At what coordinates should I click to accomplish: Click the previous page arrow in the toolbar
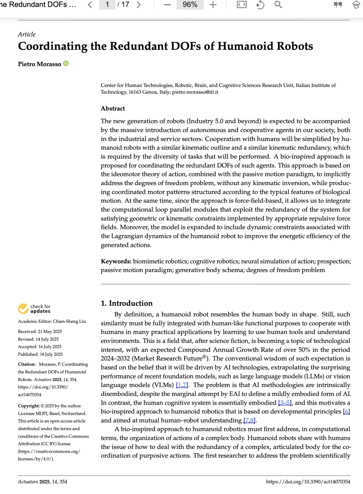(90, 5)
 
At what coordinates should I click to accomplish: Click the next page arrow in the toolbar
(139, 5)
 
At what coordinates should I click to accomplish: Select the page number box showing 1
(107, 5)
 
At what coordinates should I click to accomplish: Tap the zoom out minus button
(167, 5)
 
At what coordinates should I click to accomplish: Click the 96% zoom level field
(190, 5)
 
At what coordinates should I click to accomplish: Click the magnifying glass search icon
(278, 5)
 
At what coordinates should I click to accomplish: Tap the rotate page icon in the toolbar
(260, 5)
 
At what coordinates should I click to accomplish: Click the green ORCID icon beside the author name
(66, 63)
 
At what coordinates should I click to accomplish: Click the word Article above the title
(27, 34)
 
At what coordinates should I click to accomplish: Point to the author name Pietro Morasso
(40, 64)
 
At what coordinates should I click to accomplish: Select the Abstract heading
(113, 108)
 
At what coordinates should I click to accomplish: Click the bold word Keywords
(116, 261)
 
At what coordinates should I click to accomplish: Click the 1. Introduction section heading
(127, 303)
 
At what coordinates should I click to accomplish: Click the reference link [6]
(346, 411)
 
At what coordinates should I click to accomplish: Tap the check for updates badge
(34, 309)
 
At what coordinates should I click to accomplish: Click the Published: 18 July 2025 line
(40, 354)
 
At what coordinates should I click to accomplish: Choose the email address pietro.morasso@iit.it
(195, 92)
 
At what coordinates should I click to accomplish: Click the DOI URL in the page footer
(308, 482)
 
